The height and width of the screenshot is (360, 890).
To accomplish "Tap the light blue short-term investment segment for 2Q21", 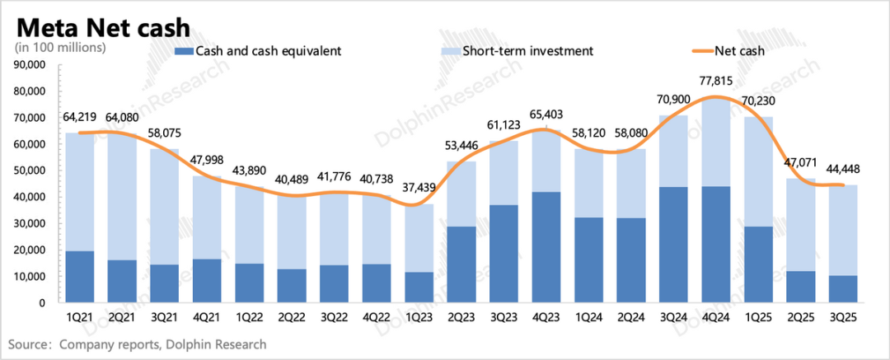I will (x=121, y=197).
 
